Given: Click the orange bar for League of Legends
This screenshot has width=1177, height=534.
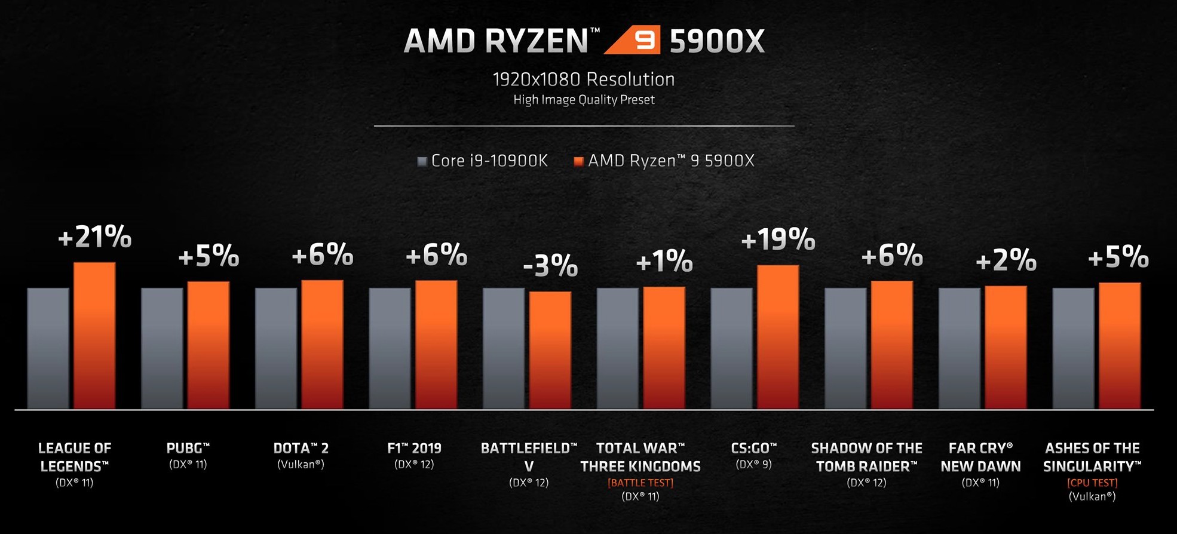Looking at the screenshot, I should point(94,336).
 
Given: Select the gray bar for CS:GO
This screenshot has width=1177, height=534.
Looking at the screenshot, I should point(731,348).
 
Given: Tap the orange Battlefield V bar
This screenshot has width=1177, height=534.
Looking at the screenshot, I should point(550,350).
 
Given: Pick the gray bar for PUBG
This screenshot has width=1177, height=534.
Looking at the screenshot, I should point(162,348).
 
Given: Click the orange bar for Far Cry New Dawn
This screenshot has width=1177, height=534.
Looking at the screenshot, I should point(1006,348).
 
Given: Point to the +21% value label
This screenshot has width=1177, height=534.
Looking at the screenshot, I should point(94,237).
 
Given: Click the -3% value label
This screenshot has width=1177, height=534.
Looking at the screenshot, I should point(550,266).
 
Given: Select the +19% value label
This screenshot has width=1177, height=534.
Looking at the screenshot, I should point(777,240).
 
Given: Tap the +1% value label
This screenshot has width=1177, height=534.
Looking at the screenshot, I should point(664,262).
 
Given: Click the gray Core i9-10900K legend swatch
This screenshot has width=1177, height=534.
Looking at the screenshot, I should point(422,161).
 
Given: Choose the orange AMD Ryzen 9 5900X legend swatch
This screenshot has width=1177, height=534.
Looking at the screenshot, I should point(578,161).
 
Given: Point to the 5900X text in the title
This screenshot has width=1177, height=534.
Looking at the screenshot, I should point(717,41).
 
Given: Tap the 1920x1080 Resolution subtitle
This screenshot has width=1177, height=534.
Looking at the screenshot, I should point(584,79).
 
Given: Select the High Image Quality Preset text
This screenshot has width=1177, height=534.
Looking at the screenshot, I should point(584,100).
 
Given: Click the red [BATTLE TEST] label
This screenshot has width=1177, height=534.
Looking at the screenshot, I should point(640,483).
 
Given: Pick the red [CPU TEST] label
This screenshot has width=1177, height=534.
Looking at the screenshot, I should point(1092,483).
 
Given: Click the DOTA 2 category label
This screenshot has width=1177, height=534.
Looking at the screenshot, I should point(301,449).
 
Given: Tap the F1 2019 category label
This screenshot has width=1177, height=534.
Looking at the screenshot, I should point(414,449).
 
